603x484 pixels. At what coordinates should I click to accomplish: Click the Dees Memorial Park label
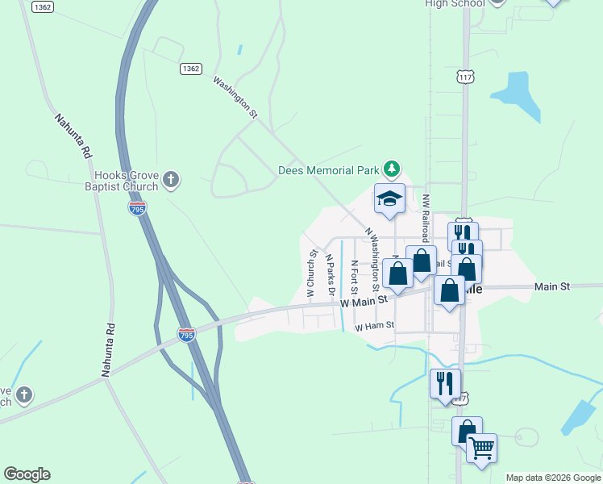[x=328, y=170]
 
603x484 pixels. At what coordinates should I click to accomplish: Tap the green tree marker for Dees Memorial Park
[x=391, y=169]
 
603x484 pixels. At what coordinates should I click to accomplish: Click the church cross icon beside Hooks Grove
[x=170, y=179]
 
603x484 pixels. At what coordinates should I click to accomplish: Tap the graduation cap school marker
[x=389, y=199]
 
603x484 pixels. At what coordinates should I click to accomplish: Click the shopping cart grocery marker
[x=481, y=447]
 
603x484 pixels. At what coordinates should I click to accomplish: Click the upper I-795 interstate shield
[x=137, y=209]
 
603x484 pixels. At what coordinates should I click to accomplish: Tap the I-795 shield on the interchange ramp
[x=186, y=333]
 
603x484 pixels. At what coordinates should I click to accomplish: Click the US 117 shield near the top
[x=464, y=77]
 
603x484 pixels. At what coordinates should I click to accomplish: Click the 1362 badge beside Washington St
[x=190, y=69]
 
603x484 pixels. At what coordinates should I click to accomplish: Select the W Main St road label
[x=364, y=300]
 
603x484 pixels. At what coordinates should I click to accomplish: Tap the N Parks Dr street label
[x=329, y=274]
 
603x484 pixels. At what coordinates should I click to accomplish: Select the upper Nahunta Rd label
[x=73, y=135]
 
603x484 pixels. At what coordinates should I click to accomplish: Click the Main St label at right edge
[x=552, y=286]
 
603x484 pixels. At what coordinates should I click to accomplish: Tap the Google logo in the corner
[x=27, y=474]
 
